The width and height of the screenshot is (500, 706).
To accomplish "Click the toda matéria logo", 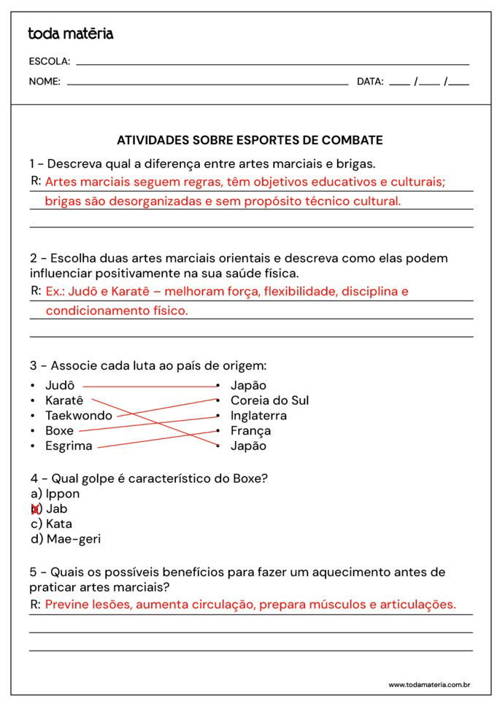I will click(x=70, y=34).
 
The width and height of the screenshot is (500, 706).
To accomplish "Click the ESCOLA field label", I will click(x=49, y=61).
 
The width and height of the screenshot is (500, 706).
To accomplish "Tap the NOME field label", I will click(x=45, y=82).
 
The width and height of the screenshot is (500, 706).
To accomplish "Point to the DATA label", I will click(x=370, y=82).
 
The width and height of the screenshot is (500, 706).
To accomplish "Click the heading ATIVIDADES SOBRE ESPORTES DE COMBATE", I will click(x=250, y=140).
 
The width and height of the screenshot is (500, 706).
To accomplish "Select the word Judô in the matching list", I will click(x=60, y=385).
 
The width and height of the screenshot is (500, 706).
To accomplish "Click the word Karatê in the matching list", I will click(x=64, y=400).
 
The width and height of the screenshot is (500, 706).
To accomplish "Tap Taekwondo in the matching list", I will click(x=79, y=416).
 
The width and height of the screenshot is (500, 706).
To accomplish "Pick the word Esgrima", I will click(x=69, y=446).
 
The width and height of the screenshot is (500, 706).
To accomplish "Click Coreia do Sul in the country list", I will click(x=269, y=400).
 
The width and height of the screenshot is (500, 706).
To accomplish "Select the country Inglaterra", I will click(x=258, y=416).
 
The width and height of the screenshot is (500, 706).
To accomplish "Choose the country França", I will click(x=250, y=430).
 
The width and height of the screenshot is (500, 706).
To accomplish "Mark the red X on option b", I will click(x=35, y=509).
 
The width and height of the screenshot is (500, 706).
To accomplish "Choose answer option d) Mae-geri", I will click(x=65, y=539).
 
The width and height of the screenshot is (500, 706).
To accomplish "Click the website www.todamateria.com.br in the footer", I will click(x=428, y=685).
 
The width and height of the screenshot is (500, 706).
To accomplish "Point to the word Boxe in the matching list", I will click(x=59, y=430).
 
